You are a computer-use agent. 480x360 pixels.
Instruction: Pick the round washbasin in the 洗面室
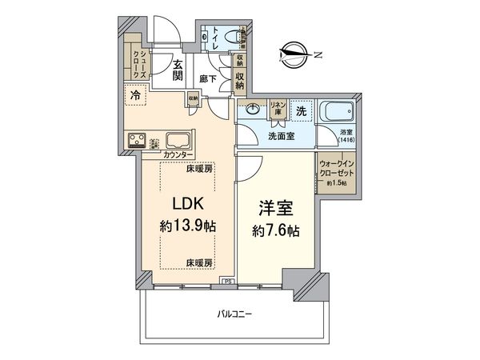coord(254,110)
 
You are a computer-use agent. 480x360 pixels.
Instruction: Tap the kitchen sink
coord(177,138)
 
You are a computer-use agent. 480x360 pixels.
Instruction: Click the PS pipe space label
coord(227,282)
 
